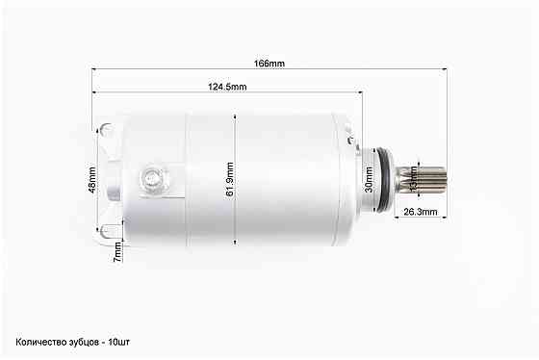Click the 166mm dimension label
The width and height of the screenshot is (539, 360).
[269, 64]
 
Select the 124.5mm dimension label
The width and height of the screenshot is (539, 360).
[227, 87]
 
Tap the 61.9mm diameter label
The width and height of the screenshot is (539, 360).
[230, 179]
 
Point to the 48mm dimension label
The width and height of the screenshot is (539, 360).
[92, 180]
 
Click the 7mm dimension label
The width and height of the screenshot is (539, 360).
[117, 252]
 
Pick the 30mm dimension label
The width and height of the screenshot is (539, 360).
[369, 179]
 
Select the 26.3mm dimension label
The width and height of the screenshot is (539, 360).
[421, 212]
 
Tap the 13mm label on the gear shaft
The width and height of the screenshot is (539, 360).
[414, 178]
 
